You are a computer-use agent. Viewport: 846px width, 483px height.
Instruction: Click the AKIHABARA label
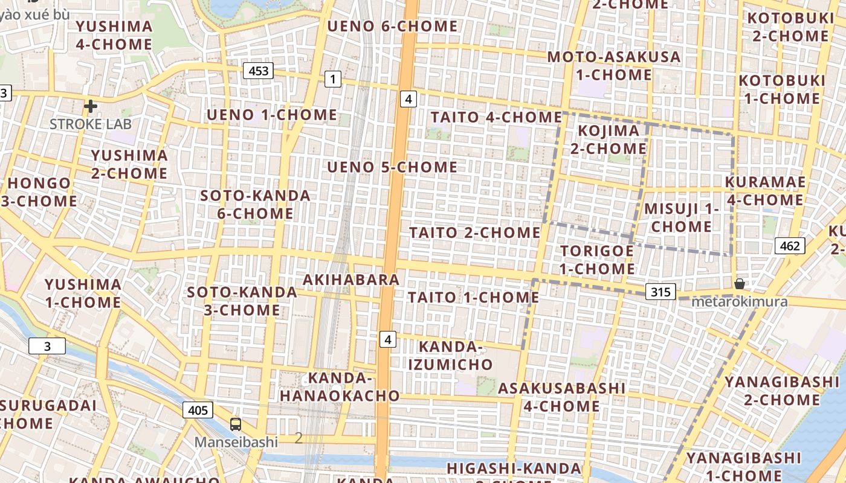351,280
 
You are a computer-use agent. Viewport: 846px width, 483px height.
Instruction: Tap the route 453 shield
259,71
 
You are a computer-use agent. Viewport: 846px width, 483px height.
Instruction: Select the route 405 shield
198,411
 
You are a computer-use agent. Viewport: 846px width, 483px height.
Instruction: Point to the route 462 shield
789,246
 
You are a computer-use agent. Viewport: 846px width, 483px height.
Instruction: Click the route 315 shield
660,292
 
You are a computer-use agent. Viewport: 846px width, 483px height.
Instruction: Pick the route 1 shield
332,78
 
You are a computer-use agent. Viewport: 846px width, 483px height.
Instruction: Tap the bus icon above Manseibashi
236,424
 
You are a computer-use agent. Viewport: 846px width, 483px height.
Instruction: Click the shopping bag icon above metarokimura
739,284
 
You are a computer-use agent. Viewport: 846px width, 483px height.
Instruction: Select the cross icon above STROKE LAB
91,107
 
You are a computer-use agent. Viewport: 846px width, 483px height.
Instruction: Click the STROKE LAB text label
91,124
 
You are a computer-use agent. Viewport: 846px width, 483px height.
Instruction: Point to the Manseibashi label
236,442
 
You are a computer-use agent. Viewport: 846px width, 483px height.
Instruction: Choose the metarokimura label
740,301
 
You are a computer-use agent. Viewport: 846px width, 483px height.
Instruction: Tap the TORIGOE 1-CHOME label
597,260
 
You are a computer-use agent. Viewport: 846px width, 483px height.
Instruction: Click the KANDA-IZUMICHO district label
451,356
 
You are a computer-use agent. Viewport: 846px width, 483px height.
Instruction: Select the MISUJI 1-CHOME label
682,217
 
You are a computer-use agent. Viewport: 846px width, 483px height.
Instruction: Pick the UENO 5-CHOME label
392,167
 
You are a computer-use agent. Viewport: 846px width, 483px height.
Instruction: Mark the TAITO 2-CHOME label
475,232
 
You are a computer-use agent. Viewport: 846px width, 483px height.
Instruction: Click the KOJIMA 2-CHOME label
609,139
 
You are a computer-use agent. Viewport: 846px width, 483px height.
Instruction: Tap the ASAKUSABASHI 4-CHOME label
561,397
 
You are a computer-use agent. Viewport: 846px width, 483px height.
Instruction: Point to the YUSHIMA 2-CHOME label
129,164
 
